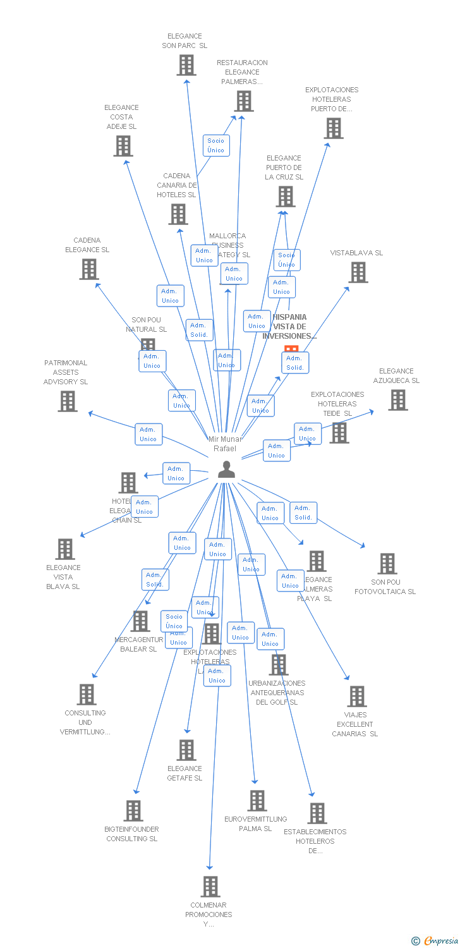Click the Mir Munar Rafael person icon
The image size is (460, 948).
coord(226,469)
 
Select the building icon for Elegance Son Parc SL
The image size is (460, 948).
coord(186,64)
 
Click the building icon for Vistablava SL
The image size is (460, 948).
coord(358,272)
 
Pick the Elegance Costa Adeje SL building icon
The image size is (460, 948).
coord(123,146)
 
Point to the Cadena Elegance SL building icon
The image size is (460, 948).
coord(89,269)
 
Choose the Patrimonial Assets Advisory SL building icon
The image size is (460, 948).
coord(68,401)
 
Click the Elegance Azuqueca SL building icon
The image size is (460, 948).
coord(397,400)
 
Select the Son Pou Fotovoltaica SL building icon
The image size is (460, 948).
coord(387,564)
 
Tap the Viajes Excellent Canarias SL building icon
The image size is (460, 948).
coord(357,696)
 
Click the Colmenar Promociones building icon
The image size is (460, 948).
coord(210,887)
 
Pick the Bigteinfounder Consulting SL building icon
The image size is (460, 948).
coord(133,811)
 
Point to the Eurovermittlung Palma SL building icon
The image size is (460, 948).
coord(257,801)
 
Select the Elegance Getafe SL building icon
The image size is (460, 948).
coord(186,750)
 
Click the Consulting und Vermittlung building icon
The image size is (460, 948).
coord(87,695)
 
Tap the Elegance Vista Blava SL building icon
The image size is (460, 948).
coord(65,549)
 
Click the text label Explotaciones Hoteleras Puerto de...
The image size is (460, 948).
coord(332,99)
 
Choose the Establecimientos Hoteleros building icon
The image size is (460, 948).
coord(317,813)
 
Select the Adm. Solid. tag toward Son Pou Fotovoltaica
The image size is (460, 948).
coord(303,513)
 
